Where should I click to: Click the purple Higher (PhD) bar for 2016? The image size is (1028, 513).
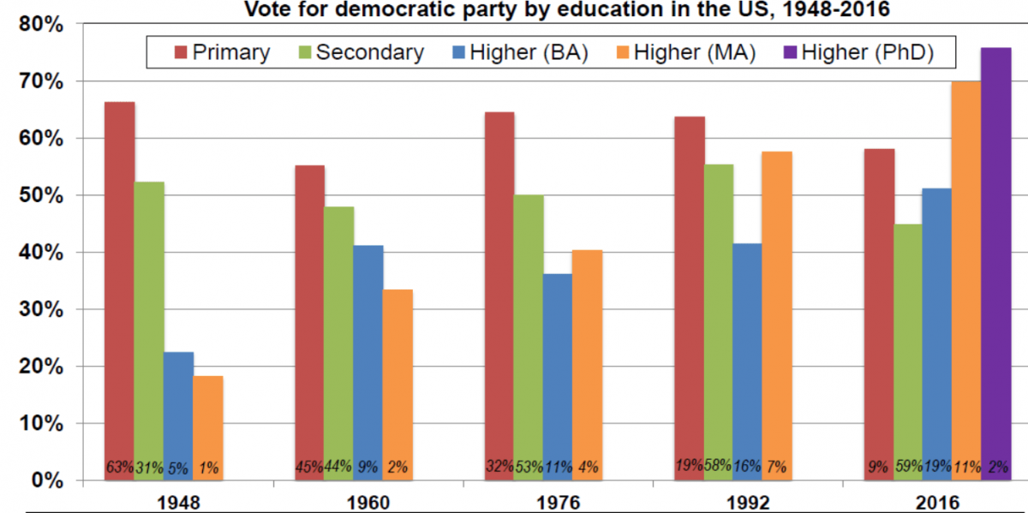[995, 257]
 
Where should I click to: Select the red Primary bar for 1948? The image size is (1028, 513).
[120, 283]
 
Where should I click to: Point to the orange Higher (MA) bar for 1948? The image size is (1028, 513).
[208, 420]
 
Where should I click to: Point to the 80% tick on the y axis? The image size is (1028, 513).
[40, 25]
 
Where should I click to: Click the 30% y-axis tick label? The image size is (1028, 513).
[40, 309]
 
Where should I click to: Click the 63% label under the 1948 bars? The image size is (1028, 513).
[119, 468]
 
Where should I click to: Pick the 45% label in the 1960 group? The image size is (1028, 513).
[309, 468]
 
